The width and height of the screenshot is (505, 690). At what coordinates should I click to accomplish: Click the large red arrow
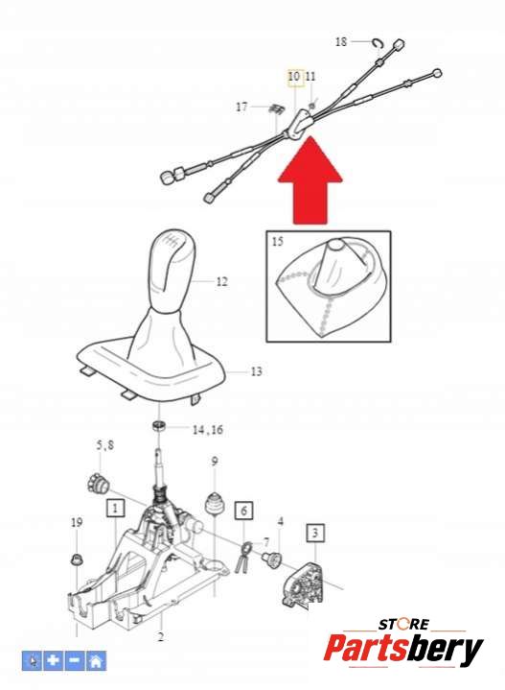pos(310,180)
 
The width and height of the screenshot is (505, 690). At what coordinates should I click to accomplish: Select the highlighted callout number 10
pos(294,77)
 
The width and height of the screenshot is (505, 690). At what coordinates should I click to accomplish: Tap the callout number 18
pos(341,42)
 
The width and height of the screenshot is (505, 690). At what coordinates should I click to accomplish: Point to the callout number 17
pos(241,107)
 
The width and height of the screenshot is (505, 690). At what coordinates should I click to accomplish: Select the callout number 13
pos(256,371)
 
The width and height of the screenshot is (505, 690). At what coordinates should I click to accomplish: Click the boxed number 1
pos(115,509)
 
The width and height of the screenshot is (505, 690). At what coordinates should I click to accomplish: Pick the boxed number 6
pos(243,511)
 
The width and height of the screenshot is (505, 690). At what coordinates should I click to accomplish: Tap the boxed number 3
pos(314,533)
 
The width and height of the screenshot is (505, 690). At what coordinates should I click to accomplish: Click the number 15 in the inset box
pos(278,241)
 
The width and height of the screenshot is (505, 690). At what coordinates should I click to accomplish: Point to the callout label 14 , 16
pos(207,430)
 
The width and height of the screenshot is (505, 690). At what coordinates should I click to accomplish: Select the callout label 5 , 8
pos(105,445)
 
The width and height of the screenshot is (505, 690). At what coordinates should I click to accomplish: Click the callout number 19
pos(77,522)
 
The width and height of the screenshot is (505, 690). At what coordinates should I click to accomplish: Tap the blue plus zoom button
pos(53,660)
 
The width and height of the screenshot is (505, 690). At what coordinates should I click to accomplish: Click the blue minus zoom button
pos(75,660)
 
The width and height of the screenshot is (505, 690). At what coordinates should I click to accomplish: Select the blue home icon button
pos(96,660)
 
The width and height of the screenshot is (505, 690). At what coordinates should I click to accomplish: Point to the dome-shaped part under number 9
pos(215,503)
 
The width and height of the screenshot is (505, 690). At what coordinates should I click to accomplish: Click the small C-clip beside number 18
pos(378,42)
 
